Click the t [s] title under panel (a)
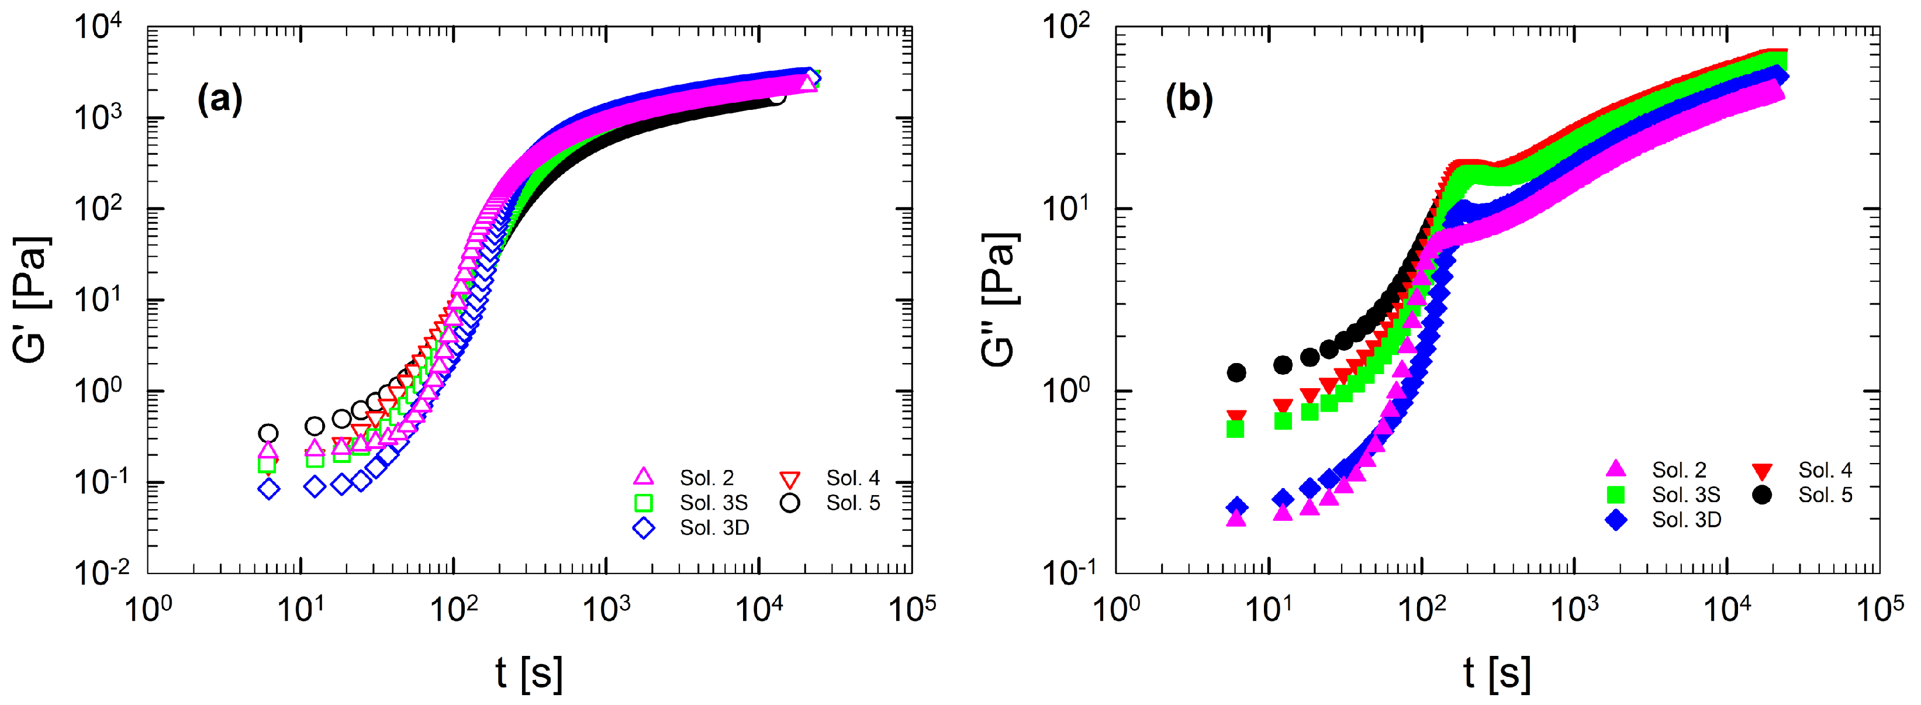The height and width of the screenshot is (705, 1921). pyautogui.click(x=528, y=673)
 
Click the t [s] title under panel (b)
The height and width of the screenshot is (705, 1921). pyautogui.click(x=1497, y=673)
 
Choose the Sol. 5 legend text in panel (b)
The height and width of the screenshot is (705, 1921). pyautogui.click(x=1825, y=495)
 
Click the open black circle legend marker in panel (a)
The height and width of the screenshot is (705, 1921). pyautogui.click(x=790, y=503)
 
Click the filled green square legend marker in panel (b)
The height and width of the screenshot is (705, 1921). pyautogui.click(x=1615, y=495)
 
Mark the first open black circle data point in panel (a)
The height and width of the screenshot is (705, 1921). pyautogui.click(x=268, y=433)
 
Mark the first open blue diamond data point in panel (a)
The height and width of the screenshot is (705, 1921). pyautogui.click(x=269, y=489)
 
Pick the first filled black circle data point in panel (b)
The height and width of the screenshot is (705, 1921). pyautogui.click(x=1236, y=372)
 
